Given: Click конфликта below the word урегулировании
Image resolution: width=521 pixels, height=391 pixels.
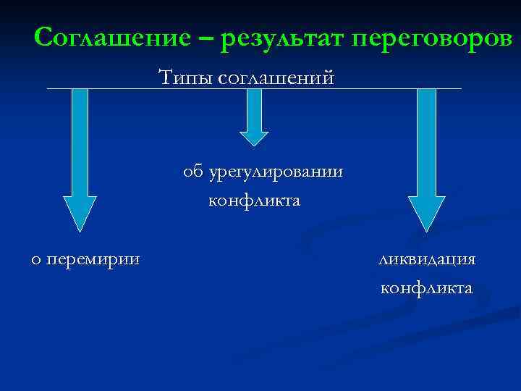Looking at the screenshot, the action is [253, 200].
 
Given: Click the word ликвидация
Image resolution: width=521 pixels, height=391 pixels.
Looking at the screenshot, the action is [426, 259].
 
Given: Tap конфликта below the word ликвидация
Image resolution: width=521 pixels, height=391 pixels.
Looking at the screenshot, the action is [426, 288].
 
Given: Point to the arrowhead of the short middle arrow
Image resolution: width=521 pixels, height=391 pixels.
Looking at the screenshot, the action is [253, 139].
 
